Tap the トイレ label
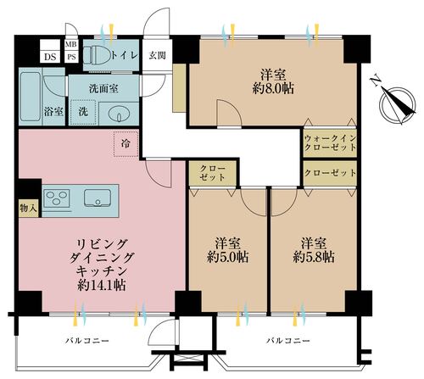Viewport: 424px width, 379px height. tap(125, 55)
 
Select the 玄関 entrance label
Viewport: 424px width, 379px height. tap(157, 56)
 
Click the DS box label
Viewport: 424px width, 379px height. tap(50, 57)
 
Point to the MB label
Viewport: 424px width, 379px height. tap(71, 44)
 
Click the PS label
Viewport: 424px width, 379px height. tap(71, 57)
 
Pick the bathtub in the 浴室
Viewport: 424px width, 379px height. tap(30, 97)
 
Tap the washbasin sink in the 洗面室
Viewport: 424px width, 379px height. tap(119, 114)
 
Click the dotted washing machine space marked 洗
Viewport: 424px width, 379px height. tap(83, 112)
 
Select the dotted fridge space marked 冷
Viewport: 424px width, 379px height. tap(126, 144)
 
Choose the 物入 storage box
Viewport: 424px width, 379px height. tap(29, 209)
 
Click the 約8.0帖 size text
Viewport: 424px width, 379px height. tap(273, 89)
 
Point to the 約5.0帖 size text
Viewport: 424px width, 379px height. tap(228, 257)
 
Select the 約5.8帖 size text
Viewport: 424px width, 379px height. tap(314, 257)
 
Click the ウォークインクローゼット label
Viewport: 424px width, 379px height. tap(330, 143)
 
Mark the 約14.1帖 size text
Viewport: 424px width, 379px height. tap(102, 286)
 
